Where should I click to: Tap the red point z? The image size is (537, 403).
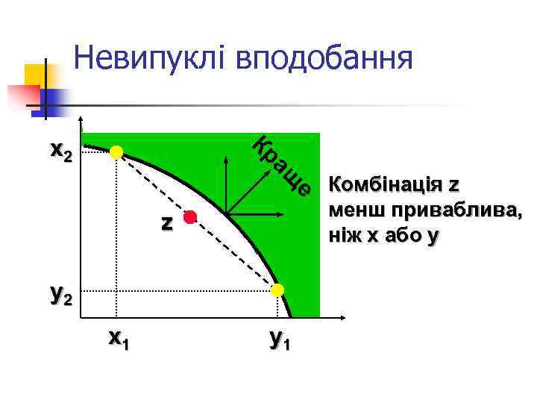click(190, 217)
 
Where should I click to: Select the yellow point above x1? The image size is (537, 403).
click(116, 152)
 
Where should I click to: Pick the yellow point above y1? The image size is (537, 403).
click(277, 290)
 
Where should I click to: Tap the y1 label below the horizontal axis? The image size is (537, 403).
click(279, 340)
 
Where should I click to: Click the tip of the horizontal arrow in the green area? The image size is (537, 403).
click(281, 216)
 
